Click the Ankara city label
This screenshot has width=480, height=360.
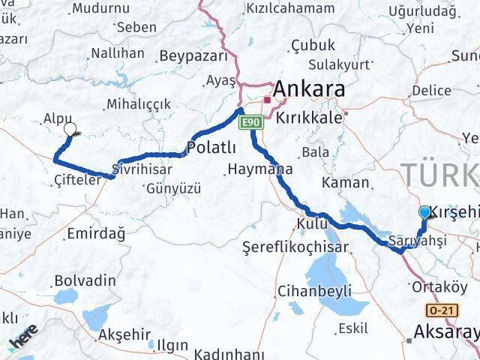pos(309,90)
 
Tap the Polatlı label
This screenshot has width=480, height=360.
pos(212,146)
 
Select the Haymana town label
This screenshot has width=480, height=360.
pos(259,169)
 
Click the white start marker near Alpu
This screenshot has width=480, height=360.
pos(70,129)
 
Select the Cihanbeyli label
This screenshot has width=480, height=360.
pos(314,290)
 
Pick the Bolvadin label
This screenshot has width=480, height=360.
pos(85,280)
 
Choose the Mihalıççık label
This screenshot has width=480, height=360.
pos(139,104)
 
